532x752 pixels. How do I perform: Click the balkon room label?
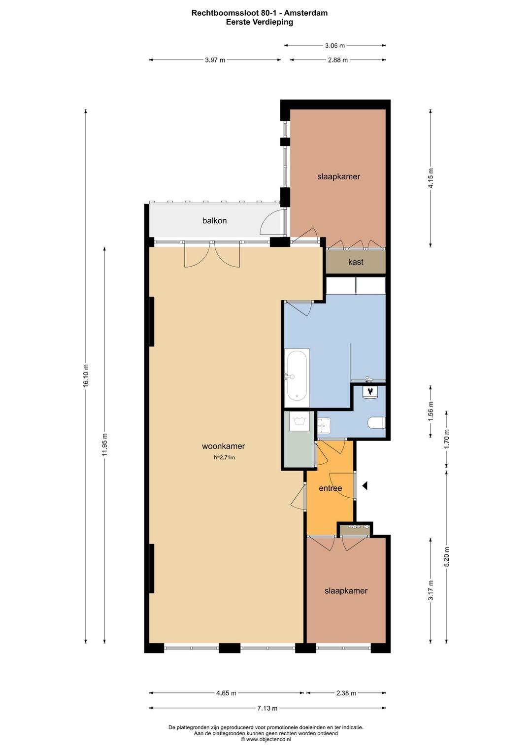[x=214, y=221]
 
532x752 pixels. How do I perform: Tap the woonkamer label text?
[x=223, y=446]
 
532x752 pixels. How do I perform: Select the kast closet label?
[x=356, y=262]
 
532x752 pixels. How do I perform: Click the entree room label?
[x=330, y=488]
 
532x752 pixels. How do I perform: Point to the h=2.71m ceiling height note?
[x=224, y=458]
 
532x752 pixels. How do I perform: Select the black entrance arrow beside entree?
[x=365, y=486]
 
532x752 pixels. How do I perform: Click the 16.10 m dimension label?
[x=86, y=376]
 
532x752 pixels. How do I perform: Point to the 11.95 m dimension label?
[x=104, y=444]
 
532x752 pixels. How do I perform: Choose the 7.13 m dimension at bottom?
[x=267, y=708]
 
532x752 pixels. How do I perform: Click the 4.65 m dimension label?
[x=226, y=693]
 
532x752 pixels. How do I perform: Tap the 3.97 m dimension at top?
[x=215, y=60]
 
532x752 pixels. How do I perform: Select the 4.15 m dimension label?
[x=431, y=178]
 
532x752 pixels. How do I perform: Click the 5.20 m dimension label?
[x=447, y=557]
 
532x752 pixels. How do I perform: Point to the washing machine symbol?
[x=299, y=422]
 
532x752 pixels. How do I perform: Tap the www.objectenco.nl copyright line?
[x=266, y=739]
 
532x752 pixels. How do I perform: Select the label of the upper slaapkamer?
[x=338, y=177]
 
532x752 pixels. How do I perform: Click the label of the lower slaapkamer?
[x=346, y=591]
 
